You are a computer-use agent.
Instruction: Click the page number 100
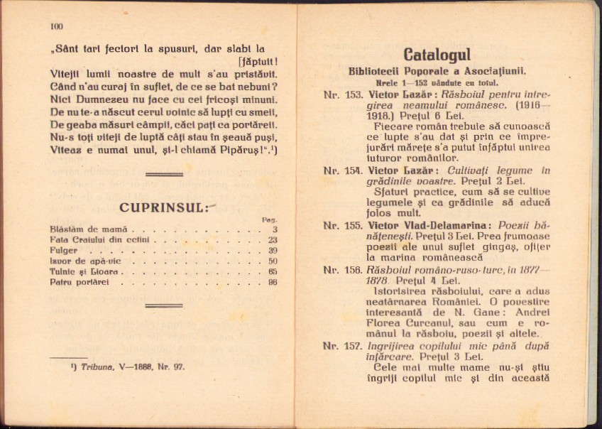tap(57, 27)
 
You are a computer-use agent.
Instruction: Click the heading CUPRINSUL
tap(163, 207)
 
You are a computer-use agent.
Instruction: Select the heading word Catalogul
tap(437, 55)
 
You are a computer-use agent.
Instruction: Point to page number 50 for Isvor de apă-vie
tap(273, 261)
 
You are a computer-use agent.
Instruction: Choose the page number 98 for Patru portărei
tap(273, 283)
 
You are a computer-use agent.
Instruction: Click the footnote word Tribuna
tap(95, 368)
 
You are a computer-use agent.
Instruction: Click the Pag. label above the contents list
tap(270, 219)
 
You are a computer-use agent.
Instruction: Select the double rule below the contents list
tap(163, 306)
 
